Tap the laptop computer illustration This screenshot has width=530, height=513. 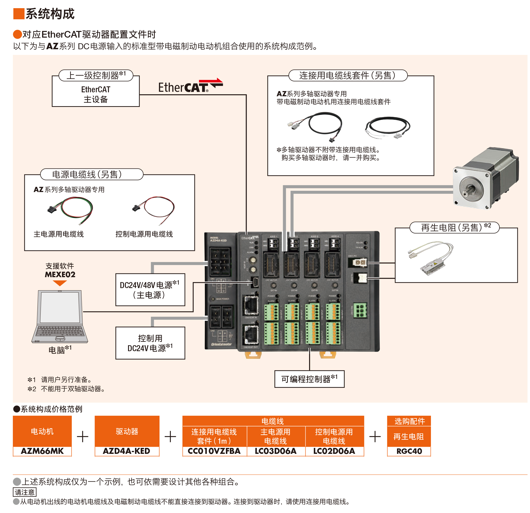pyautogui.click(x=60, y=316)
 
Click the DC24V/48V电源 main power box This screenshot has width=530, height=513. pyautogui.click(x=150, y=290)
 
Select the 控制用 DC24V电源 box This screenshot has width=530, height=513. pyautogui.click(x=150, y=343)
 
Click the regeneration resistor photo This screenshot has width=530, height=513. pyautogui.click(x=431, y=258)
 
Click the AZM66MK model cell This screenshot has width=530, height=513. pyautogui.click(x=42, y=451)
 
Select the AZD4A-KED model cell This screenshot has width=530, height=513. pyautogui.click(x=127, y=451)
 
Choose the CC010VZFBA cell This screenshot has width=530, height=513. pyautogui.click(x=214, y=451)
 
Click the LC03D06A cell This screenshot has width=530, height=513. pyautogui.click(x=276, y=451)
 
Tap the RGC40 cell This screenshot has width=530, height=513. pyautogui.click(x=409, y=451)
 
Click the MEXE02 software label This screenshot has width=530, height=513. pyautogui.click(x=60, y=274)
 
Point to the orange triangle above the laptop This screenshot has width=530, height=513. pyautogui.click(x=60, y=283)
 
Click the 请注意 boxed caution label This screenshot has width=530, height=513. pyautogui.click(x=25, y=492)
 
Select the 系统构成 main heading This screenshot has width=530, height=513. pyautogui.click(x=50, y=14)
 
